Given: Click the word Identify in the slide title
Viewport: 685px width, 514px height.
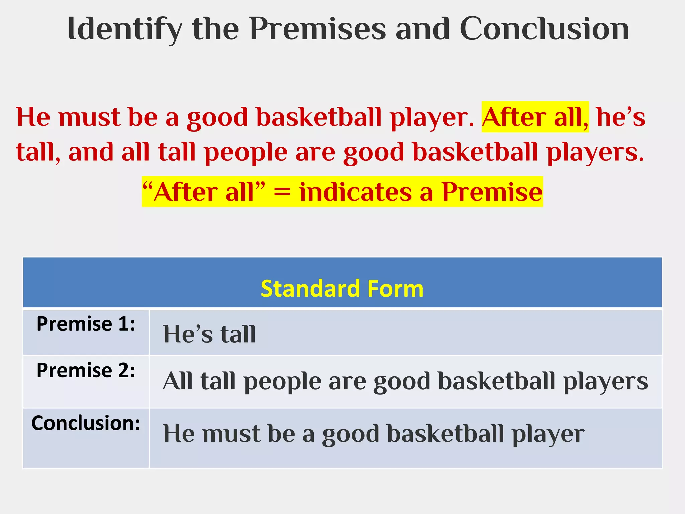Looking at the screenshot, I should [125, 29].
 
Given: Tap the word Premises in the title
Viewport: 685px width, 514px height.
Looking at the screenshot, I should [317, 29].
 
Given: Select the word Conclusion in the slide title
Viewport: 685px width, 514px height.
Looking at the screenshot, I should [544, 29].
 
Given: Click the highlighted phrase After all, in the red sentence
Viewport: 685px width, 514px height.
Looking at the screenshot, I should [535, 117].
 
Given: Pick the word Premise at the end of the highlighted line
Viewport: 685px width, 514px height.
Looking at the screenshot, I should [492, 192].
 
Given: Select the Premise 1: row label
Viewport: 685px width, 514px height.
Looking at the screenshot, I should [86, 324].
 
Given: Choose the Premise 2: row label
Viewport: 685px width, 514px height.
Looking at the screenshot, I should [86, 371].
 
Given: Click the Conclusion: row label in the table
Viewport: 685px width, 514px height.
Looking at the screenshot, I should [86, 423].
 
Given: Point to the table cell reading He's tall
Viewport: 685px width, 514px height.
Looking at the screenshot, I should [209, 334].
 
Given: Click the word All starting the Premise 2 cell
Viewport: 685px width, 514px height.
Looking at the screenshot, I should [177, 381].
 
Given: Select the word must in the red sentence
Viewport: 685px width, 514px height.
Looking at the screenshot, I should [89, 117].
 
